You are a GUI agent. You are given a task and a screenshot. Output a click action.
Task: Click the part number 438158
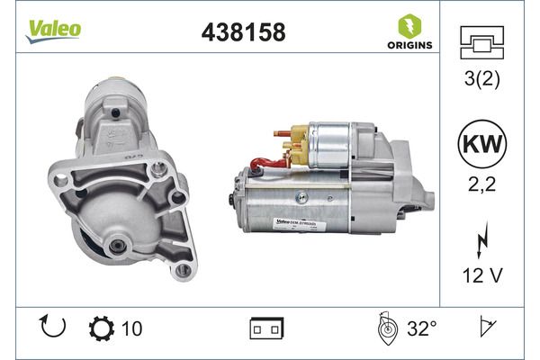tap(241, 32)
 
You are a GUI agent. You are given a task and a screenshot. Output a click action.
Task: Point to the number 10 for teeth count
tap(131, 329)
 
